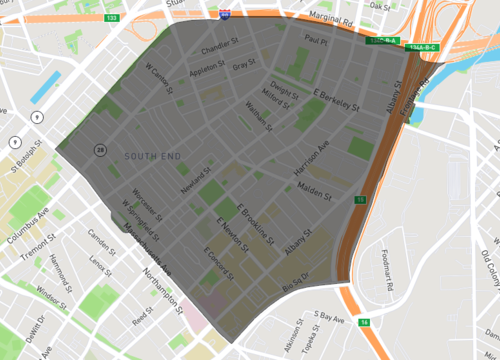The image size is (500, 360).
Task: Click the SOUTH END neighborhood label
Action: click(153, 157)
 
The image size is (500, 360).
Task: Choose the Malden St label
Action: click(320, 189)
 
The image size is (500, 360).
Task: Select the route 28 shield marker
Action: click(101, 150)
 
